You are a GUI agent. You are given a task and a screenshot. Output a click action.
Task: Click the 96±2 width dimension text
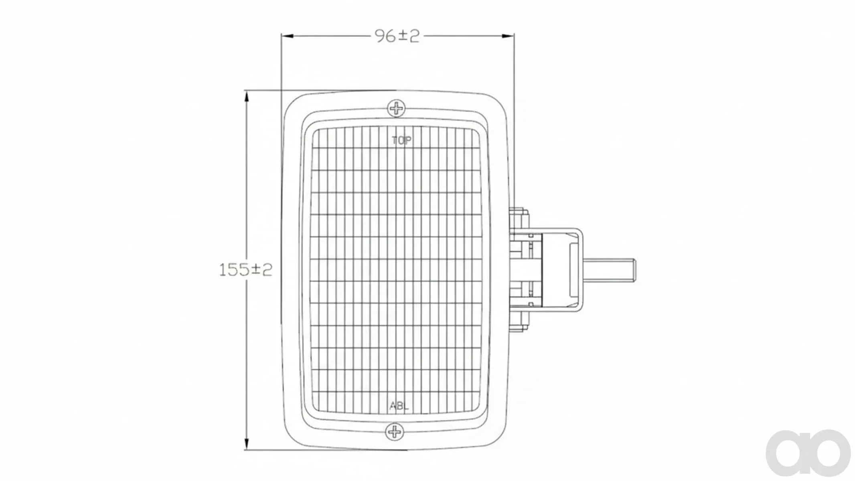pos(397,36)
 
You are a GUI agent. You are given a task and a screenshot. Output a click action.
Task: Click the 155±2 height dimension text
pos(245,269)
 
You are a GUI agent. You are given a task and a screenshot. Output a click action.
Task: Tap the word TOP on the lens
pos(401,140)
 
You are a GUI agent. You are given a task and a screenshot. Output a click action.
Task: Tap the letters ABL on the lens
pos(399,406)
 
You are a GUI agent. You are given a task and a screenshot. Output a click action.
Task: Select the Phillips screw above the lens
pos(397,108)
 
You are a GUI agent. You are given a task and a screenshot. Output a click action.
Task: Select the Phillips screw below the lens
pos(395,432)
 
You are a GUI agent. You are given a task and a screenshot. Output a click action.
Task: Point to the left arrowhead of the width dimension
pos(287,36)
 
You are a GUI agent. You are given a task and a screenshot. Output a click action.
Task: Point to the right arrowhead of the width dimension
pos(508,36)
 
